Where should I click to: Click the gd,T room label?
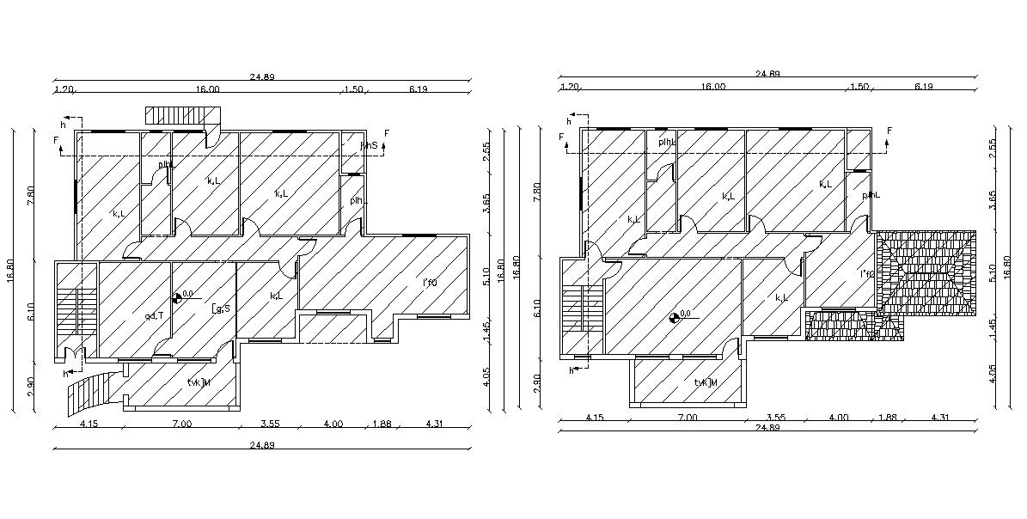click(x=155, y=315)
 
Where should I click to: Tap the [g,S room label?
click(x=221, y=308)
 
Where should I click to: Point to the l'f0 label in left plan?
click(x=430, y=283)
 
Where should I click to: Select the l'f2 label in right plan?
click(x=867, y=274)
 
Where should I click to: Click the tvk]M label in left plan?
click(x=199, y=382)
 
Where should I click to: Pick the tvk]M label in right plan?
click(x=706, y=382)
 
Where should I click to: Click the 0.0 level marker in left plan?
click(x=181, y=296)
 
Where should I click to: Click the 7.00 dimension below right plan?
click(x=688, y=418)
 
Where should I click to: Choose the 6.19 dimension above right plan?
click(x=924, y=87)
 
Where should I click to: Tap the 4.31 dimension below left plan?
click(x=435, y=423)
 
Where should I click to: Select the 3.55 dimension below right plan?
click(x=777, y=418)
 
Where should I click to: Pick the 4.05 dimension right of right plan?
click(x=993, y=376)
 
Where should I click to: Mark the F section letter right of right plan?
click(x=889, y=131)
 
